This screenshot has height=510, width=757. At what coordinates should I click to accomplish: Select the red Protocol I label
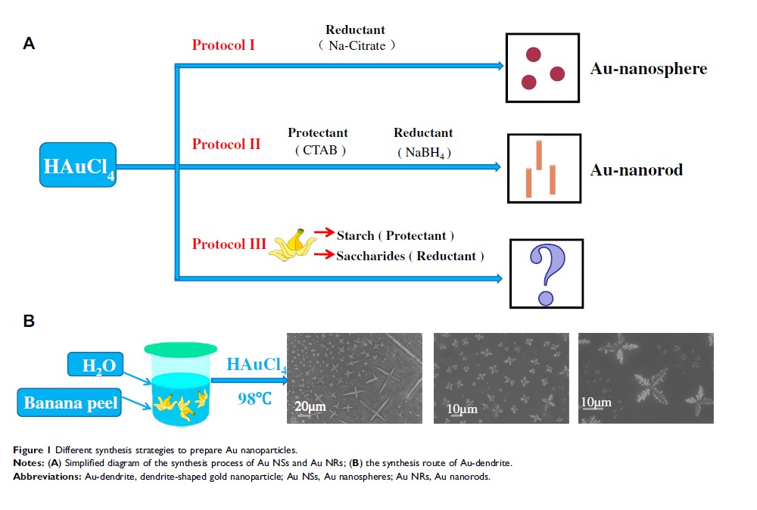click(x=223, y=45)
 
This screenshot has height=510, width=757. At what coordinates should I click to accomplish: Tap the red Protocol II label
click(x=226, y=144)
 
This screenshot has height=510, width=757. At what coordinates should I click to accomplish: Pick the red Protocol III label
click(x=229, y=244)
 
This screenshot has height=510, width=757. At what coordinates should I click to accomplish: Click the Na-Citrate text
click(x=357, y=45)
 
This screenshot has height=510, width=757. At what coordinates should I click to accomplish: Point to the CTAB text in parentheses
click(x=319, y=150)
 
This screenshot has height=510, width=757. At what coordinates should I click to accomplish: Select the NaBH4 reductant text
click(x=424, y=152)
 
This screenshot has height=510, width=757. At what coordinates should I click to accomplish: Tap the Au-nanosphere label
click(x=648, y=69)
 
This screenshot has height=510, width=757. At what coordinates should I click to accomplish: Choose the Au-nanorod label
click(x=636, y=169)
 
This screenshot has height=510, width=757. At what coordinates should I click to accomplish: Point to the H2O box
click(x=94, y=367)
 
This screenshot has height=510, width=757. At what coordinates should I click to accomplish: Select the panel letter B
click(x=30, y=320)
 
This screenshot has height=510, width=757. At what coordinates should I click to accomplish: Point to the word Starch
click(x=355, y=235)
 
